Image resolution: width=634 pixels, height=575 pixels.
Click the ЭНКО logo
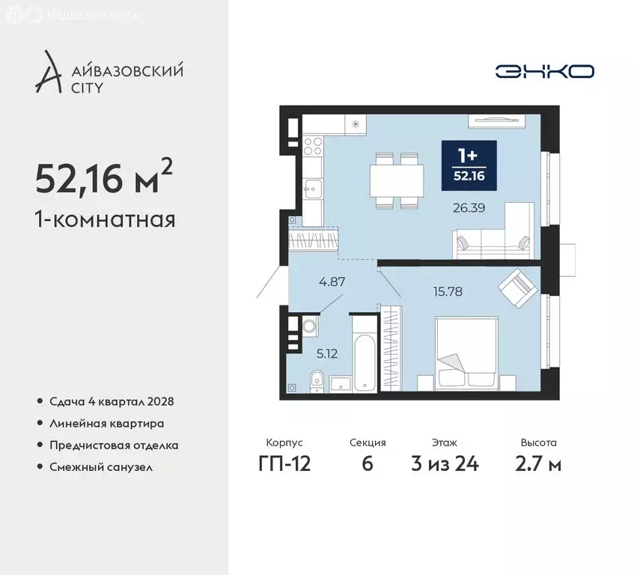pyautogui.click(x=544, y=71)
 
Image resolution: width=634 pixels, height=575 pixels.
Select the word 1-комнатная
pyautogui.click(x=106, y=220)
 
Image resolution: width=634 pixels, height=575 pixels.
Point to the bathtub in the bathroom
pyautogui.click(x=364, y=354)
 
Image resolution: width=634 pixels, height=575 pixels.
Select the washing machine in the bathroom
pyautogui.click(x=310, y=326)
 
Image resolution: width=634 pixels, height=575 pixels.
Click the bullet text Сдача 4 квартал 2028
pyautogui.click(x=112, y=401)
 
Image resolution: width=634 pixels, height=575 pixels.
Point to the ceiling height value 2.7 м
pyautogui.click(x=538, y=463)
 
